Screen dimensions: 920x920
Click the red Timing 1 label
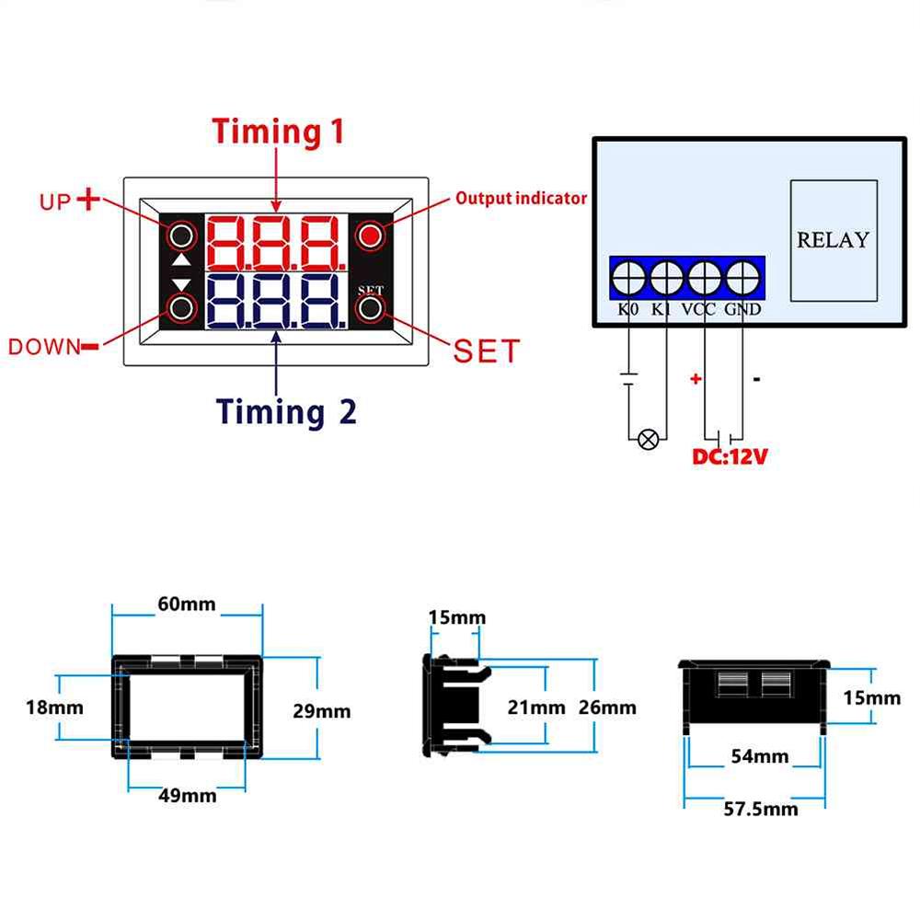tap(279, 132)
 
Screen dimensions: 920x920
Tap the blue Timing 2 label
tap(286, 411)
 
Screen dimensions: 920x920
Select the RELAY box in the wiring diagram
tap(833, 240)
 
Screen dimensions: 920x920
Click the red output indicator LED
tap(370, 236)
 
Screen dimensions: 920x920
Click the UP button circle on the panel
tap(181, 236)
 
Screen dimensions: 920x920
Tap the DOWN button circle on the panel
tap(181, 307)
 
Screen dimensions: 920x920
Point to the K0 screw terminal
tap(628, 276)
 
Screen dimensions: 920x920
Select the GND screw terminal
tap(742, 276)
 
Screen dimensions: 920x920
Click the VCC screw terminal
tap(705, 276)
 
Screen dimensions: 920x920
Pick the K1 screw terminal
tap(666, 276)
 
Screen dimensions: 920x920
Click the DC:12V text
tap(730, 456)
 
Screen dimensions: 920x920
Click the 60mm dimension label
tap(187, 604)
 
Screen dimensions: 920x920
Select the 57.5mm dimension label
tap(761, 809)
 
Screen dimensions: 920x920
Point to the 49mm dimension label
tap(187, 795)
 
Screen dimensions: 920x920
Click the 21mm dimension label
tap(536, 707)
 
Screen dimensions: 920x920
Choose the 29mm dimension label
tap(321, 711)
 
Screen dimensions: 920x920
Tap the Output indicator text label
tap(521, 198)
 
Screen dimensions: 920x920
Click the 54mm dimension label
tap(760, 756)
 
